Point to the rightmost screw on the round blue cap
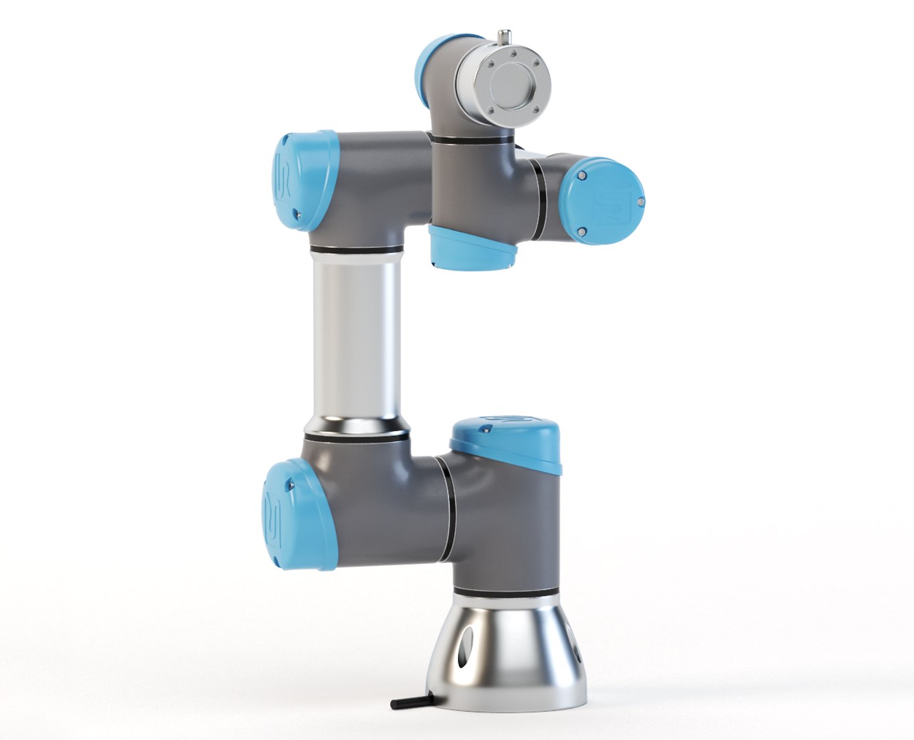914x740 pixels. point(639,202)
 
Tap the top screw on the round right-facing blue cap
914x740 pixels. point(583,175)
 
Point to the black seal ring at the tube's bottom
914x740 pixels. point(356,433)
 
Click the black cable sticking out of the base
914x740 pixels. point(411,702)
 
